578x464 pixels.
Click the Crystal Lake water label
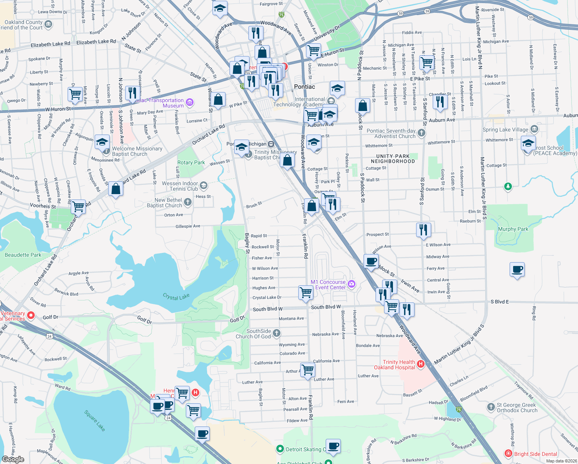coord(176,297)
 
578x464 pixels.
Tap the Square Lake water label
coord(95,421)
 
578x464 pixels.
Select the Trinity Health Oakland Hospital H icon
coord(421,364)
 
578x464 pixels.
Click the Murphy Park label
coord(513,229)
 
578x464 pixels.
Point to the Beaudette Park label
coord(23,255)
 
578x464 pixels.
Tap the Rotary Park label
coord(191,163)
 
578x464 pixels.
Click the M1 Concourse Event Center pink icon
coord(351,284)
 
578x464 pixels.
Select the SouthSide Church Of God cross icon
coord(276,333)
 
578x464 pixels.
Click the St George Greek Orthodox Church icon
coord(491,407)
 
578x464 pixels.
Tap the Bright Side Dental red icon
coord(508,454)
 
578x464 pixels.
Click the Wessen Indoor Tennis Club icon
coord(204,186)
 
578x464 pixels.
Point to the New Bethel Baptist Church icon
coord(187,202)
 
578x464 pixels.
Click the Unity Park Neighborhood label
coord(393,159)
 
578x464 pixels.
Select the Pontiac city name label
coord(304,87)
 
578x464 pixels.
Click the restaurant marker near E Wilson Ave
coord(424,230)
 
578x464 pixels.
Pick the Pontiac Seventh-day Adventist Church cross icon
coord(421,133)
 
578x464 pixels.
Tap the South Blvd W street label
coord(267,309)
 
